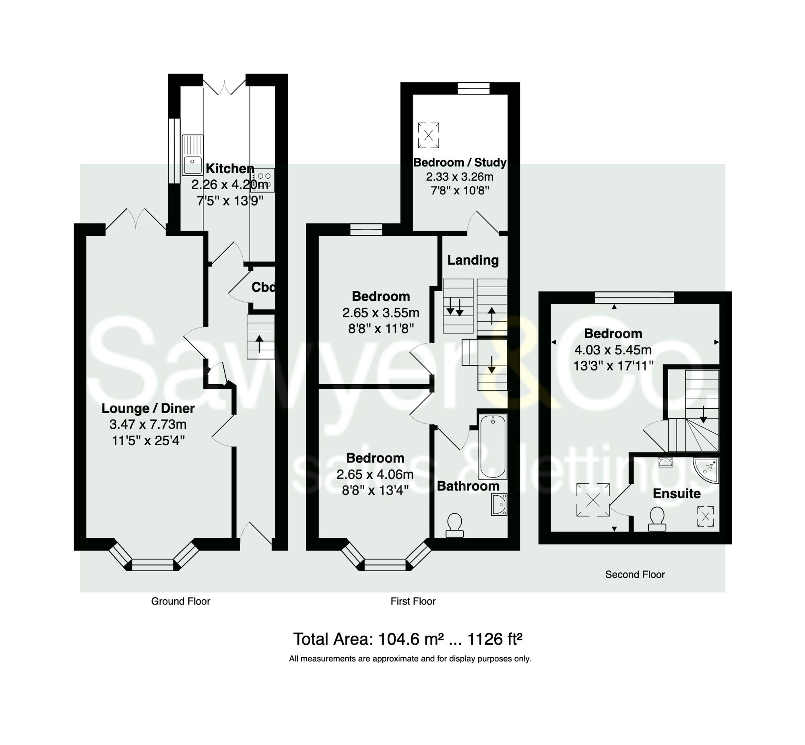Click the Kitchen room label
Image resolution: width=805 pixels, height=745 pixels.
point(230,169)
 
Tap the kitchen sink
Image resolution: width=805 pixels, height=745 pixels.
point(193,155)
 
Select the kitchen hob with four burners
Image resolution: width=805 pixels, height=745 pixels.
point(264,180)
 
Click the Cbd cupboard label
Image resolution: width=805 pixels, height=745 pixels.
point(263,287)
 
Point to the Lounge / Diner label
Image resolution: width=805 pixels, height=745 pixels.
point(148,408)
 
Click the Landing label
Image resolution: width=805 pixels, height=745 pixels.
point(473,260)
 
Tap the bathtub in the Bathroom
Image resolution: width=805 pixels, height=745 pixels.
point(492,446)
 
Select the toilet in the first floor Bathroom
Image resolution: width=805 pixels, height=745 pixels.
point(454,525)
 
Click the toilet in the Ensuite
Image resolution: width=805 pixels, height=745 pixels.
point(656,519)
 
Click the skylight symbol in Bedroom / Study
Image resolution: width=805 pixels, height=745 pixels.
point(428,136)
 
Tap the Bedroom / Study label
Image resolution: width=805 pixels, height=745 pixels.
point(460,163)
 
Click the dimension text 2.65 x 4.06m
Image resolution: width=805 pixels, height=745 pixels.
point(375,475)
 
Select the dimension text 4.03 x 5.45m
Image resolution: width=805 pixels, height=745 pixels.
point(613,350)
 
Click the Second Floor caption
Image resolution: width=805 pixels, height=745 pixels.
point(635,574)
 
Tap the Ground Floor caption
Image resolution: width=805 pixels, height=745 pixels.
point(181,601)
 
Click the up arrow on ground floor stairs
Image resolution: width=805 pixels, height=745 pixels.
point(259,343)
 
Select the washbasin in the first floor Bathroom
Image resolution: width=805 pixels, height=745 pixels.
point(499,504)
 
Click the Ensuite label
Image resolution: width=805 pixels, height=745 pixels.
point(676,494)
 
